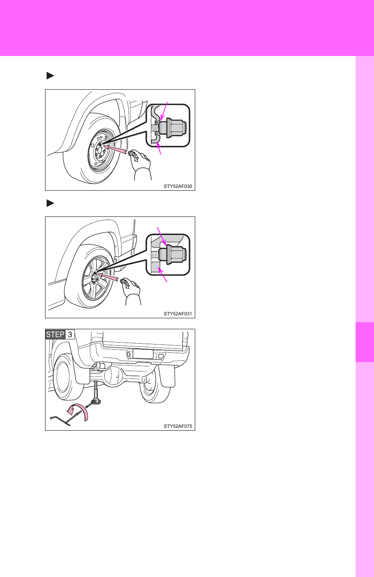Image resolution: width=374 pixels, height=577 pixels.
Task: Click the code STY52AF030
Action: (x=178, y=186)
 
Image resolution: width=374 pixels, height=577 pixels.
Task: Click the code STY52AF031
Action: (x=178, y=314)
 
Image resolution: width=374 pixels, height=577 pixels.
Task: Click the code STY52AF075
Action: (x=178, y=426)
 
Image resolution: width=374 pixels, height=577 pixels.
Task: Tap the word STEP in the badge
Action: (x=55, y=334)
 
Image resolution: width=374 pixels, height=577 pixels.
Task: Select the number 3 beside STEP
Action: (x=70, y=335)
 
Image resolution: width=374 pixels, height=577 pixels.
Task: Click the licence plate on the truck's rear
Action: (x=143, y=353)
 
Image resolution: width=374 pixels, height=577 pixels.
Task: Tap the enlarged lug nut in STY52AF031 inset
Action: (x=172, y=254)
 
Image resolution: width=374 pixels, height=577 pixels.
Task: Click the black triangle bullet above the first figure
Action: (x=50, y=76)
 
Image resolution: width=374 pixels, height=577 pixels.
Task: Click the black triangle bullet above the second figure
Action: (x=50, y=203)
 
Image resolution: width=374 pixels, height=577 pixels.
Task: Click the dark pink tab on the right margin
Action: (x=365, y=342)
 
